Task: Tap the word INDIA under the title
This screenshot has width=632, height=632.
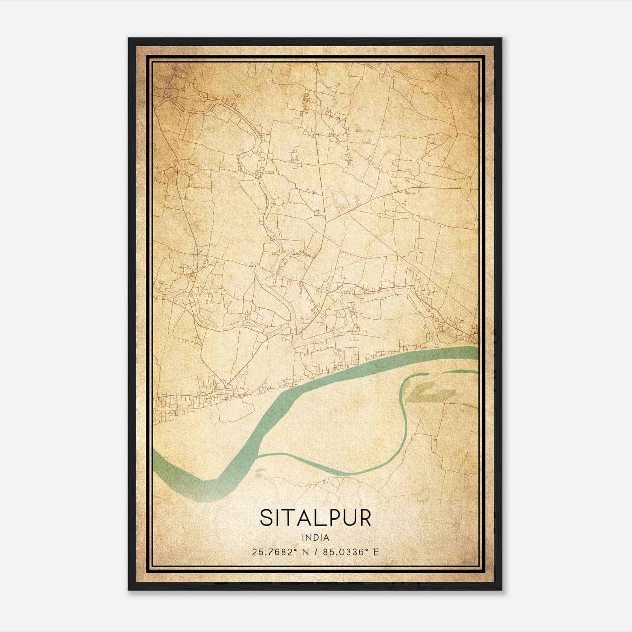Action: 316,538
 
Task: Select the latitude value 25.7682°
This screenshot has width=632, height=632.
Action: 274,552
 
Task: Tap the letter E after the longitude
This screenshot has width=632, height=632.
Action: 376,552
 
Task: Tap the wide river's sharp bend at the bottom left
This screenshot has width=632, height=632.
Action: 205,484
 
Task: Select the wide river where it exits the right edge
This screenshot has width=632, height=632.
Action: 474,353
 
